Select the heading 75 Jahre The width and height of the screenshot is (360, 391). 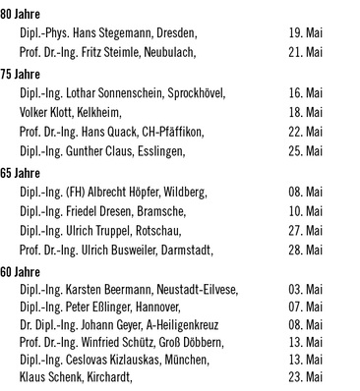point(20,74)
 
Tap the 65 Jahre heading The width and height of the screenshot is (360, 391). point(20,172)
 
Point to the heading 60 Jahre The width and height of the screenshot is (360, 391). point(20,270)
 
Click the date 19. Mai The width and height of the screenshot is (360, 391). point(307,33)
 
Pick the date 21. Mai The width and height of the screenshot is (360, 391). point(307,52)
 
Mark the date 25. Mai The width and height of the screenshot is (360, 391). point(307,151)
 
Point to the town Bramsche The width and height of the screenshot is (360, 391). point(156,210)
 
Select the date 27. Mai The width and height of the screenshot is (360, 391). point(307,230)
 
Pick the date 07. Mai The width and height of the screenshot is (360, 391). point(307,308)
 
